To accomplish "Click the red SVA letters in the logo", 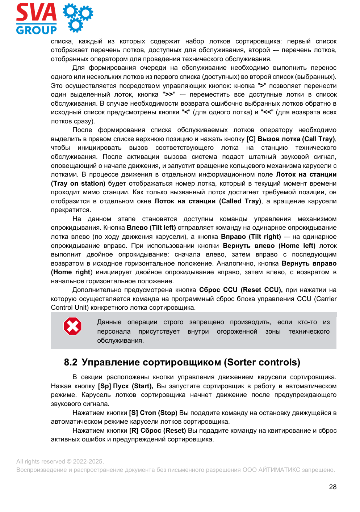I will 36,13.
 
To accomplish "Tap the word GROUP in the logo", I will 36,30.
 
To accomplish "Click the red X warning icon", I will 72,326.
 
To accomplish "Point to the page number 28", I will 332,487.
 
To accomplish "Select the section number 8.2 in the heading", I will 71,362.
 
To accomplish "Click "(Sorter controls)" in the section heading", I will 262,362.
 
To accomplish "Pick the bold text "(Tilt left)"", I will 163,228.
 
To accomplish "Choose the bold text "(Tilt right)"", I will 265,237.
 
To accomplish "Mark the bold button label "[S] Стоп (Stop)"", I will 153,413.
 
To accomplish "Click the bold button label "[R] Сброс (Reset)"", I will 158,431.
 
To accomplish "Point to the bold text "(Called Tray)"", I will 240,201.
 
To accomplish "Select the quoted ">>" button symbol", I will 169,94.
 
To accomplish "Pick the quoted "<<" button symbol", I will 268,112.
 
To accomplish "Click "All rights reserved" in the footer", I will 41,461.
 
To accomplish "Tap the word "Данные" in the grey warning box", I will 109,322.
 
